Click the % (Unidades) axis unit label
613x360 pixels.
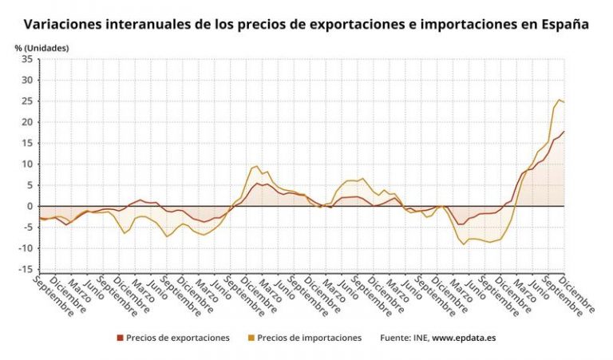click(42, 48)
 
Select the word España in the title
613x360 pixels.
click(564, 25)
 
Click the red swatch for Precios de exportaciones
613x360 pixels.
click(120, 338)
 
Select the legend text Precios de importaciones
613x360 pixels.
click(310, 338)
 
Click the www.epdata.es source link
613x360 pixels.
click(464, 338)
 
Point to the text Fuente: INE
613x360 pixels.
click(405, 338)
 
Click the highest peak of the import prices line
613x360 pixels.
click(559, 100)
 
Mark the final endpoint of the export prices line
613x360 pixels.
click(564, 132)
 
